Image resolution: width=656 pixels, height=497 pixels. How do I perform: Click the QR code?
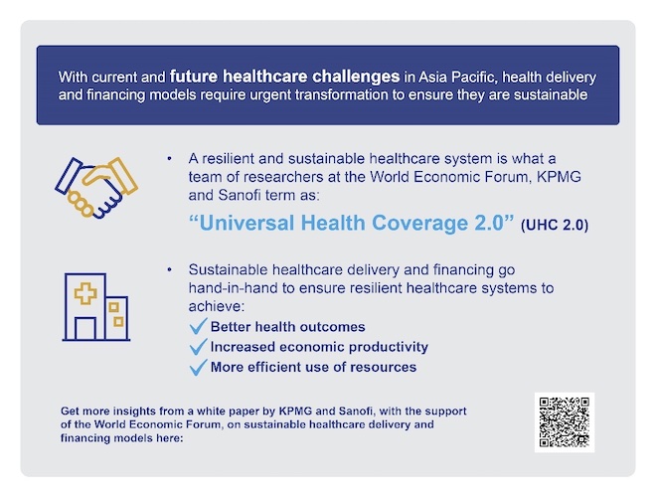click(x=564, y=421)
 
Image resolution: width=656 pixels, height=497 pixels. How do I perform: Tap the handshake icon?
click(x=96, y=188)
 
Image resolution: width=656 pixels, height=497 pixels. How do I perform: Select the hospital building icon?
click(x=96, y=307)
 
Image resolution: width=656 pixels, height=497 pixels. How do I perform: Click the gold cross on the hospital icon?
click(x=85, y=293)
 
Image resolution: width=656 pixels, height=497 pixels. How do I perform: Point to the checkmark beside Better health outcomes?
click(x=199, y=326)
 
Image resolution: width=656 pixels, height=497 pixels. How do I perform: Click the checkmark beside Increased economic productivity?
click(x=199, y=346)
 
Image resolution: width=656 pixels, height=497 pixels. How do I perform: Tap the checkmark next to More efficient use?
click(x=199, y=367)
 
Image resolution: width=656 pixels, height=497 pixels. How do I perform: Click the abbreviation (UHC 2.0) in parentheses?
click(x=555, y=225)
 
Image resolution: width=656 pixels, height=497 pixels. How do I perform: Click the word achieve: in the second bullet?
click(x=217, y=307)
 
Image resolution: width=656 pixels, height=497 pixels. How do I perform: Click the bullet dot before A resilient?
click(x=169, y=159)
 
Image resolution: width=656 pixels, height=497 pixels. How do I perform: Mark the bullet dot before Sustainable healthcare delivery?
click(x=169, y=269)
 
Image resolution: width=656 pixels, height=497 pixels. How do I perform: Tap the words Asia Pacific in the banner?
click(x=457, y=78)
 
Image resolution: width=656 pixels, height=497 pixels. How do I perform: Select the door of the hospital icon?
click(x=85, y=328)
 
